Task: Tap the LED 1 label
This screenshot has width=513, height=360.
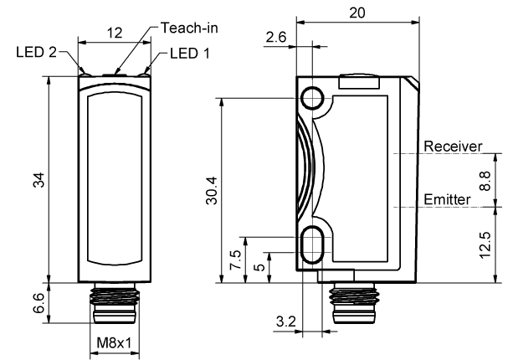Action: [x=190, y=53]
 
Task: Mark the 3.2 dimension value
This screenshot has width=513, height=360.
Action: [x=285, y=320]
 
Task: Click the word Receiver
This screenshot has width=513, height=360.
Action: [x=453, y=147]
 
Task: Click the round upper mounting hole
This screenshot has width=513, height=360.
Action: [x=315, y=98]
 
